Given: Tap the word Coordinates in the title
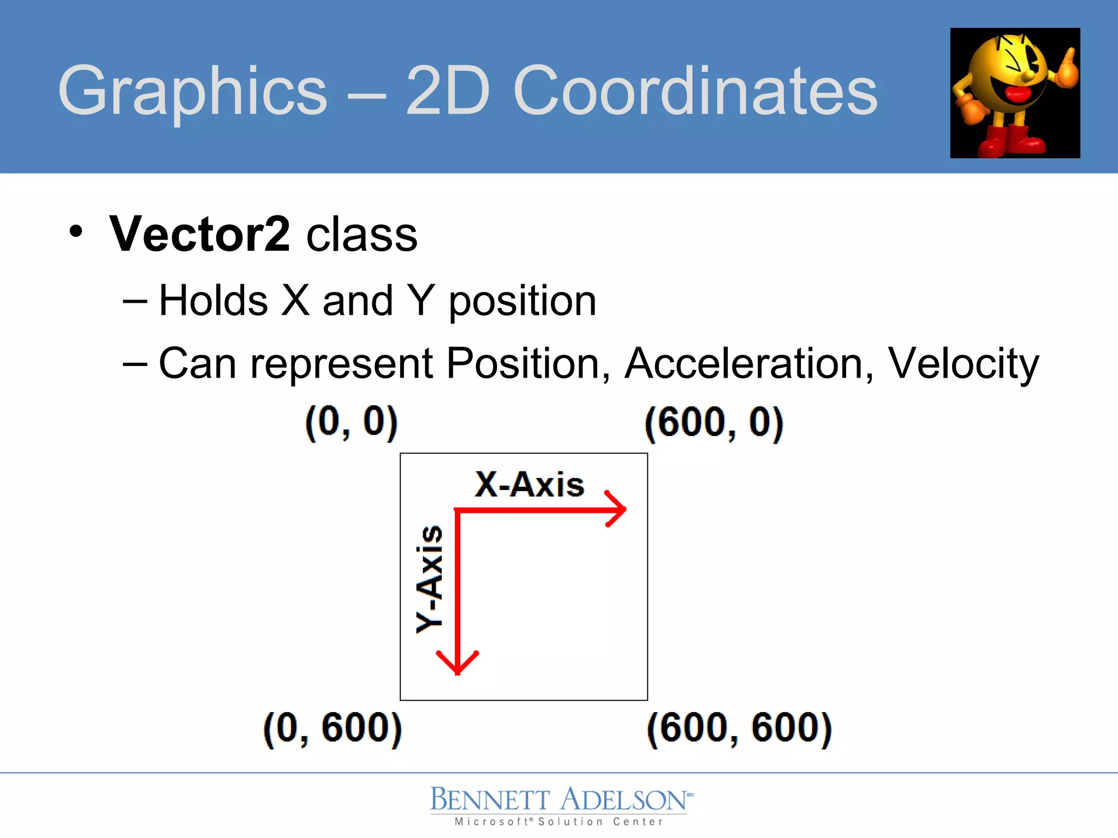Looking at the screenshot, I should pyautogui.click(x=695, y=91).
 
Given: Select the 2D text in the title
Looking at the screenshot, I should pyautogui.click(x=448, y=91).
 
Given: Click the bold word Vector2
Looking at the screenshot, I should pyautogui.click(x=200, y=234).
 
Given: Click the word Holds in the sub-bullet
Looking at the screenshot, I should pyautogui.click(x=213, y=301).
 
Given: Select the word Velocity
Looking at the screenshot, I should pyautogui.click(x=964, y=364).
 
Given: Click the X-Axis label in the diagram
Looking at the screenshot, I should pyautogui.click(x=529, y=484).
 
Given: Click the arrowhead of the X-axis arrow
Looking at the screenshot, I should pyautogui.click(x=617, y=510).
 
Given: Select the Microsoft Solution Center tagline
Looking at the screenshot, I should pyautogui.click(x=558, y=822).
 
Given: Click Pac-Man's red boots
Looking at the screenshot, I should pyautogui.click(x=1010, y=140).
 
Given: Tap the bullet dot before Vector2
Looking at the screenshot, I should pyautogui.click(x=76, y=231).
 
